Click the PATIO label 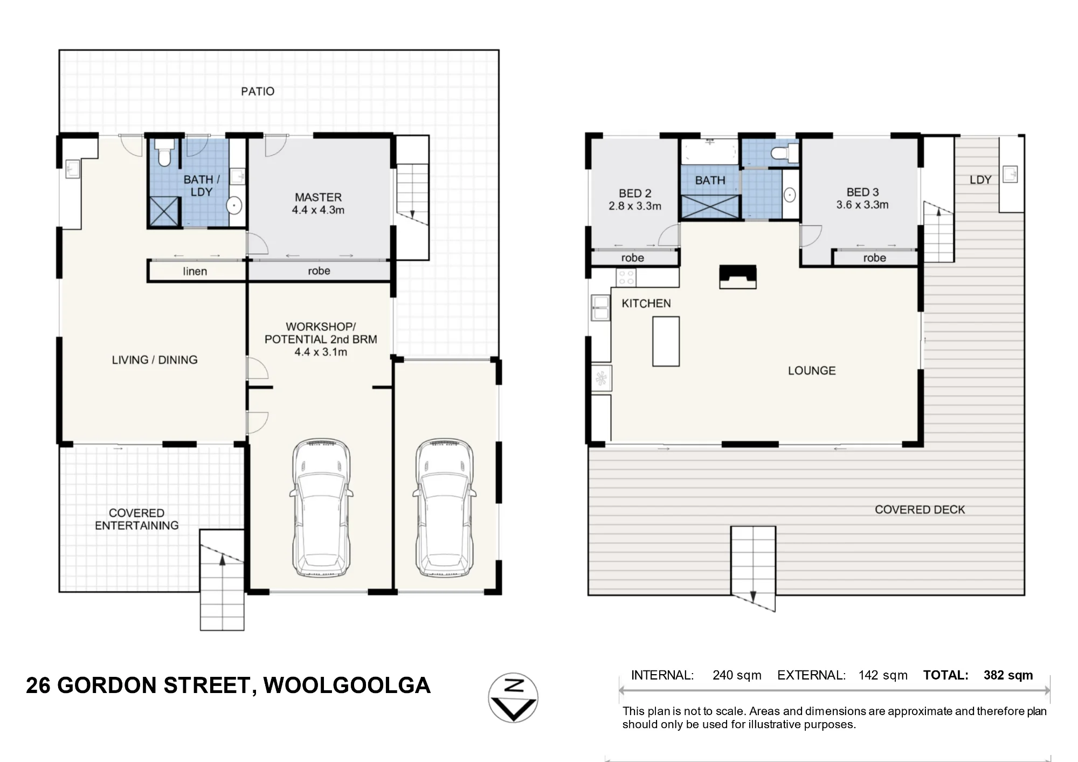(258, 91)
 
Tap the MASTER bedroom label (318, 197)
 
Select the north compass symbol (513, 697)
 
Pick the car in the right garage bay (444, 507)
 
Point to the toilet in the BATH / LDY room (164, 153)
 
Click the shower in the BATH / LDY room (164, 211)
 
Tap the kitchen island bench (666, 342)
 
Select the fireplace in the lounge (738, 277)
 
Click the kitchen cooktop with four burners (626, 278)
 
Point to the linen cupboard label (195, 271)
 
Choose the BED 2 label (635, 193)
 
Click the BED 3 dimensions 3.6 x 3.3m (862, 205)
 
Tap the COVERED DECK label (920, 509)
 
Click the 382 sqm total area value (1008, 675)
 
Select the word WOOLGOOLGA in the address (347, 685)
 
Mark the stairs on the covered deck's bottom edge (753, 569)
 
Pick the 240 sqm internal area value (737, 675)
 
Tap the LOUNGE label (812, 371)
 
